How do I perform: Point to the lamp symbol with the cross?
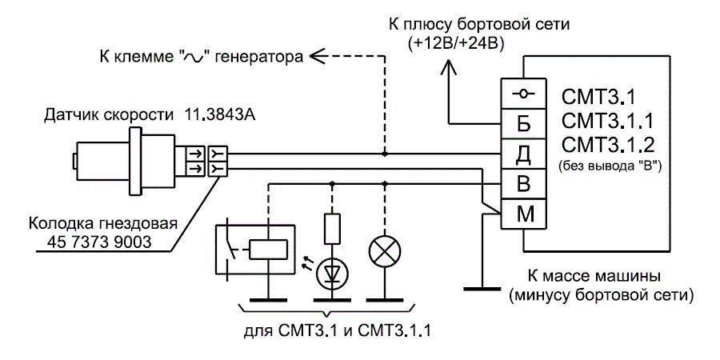point(386,251)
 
